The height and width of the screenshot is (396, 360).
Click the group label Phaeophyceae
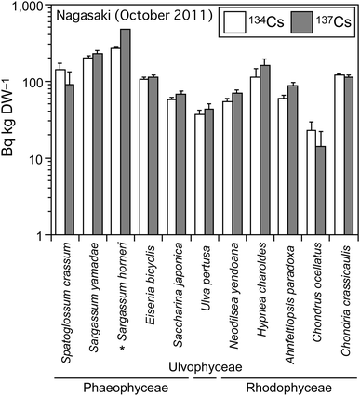coord(118,383)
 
